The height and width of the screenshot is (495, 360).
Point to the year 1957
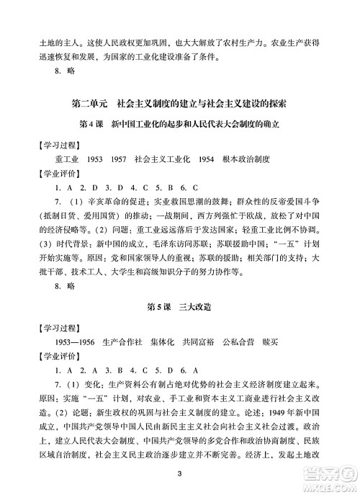[118, 158]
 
